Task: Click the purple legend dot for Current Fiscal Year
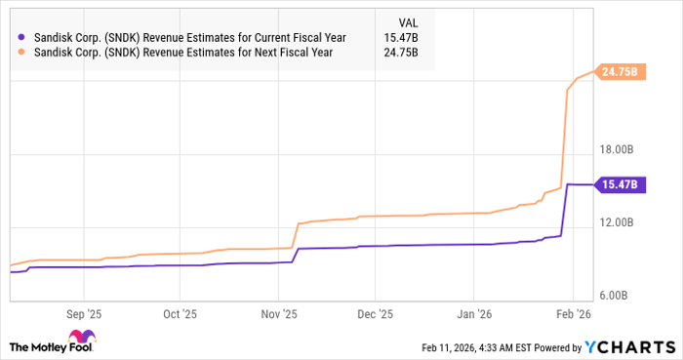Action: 22,37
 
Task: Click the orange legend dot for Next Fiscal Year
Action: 22,53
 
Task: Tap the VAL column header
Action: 410,20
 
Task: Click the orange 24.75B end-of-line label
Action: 619,72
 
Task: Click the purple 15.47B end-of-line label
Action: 619,184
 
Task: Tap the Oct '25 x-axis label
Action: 181,315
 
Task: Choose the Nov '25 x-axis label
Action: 278,315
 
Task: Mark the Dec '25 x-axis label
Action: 376,315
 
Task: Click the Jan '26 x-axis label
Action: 473,315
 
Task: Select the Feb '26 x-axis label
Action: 571,315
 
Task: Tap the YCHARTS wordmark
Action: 634,346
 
